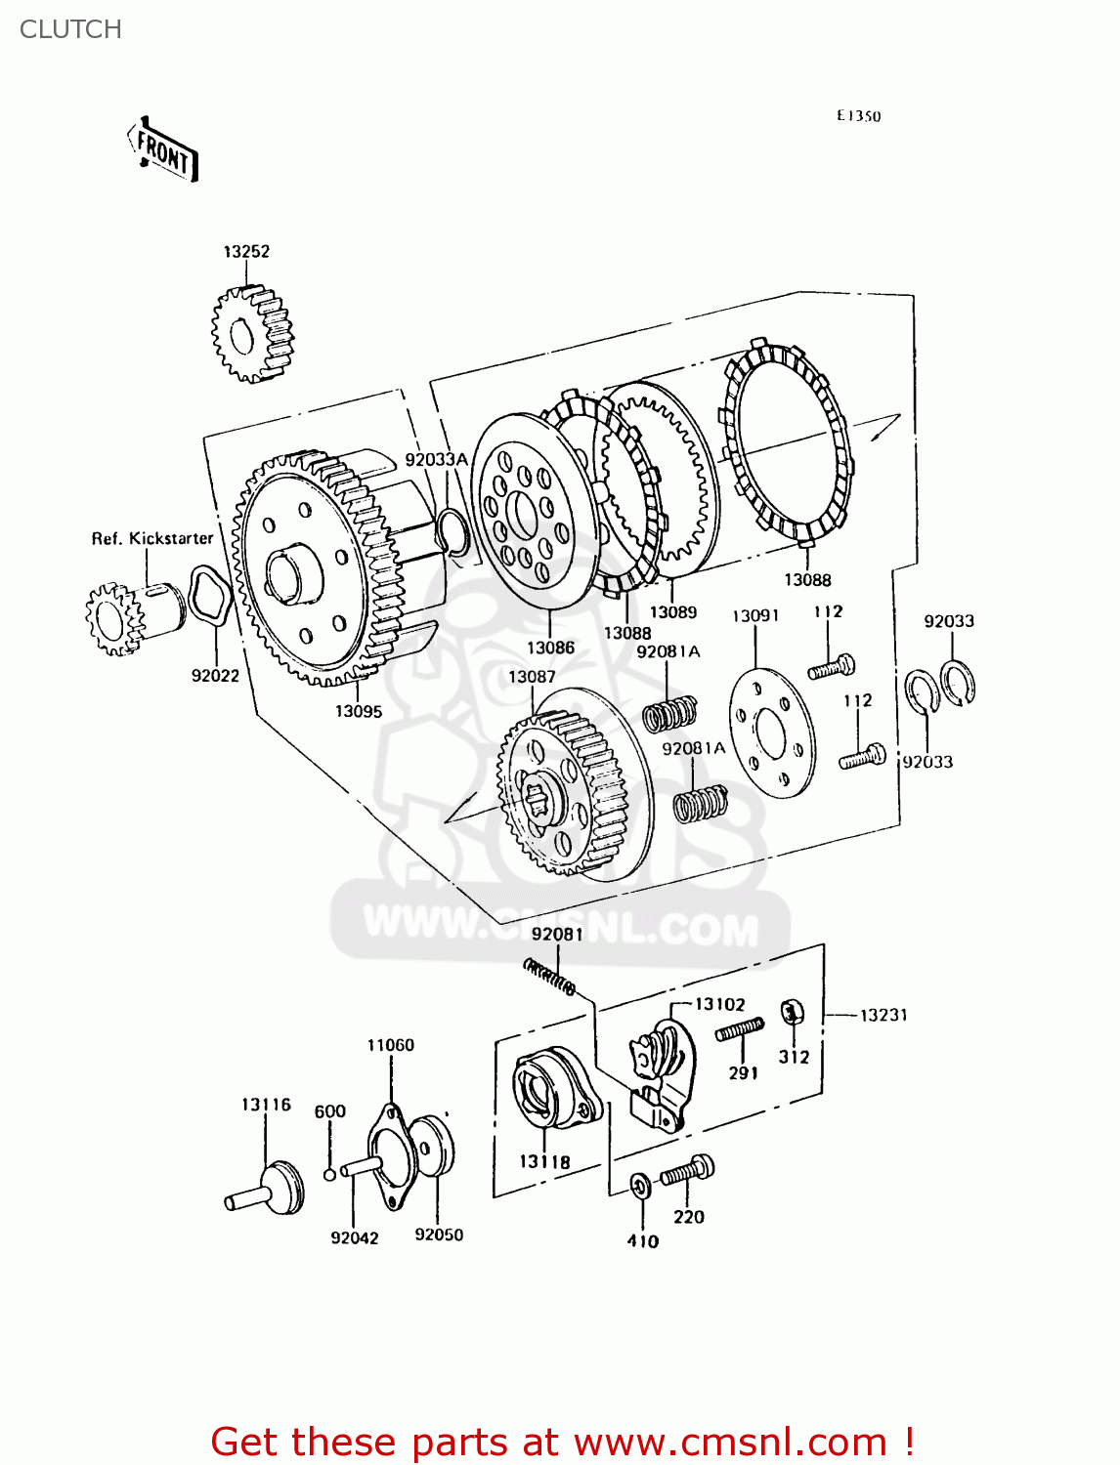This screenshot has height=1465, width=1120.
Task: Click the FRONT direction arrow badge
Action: coord(163,151)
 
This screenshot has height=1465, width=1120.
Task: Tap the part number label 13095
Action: coord(358,711)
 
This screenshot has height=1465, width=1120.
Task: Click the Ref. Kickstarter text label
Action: coord(151,538)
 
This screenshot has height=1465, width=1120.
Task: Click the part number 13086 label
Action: coord(550,648)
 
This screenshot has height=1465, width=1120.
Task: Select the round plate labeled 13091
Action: coord(772,732)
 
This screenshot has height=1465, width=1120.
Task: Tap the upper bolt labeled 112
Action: coord(832,668)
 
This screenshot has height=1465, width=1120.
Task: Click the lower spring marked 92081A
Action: coord(701,803)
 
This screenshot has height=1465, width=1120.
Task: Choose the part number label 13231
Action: coord(883,1015)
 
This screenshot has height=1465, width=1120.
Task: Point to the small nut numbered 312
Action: coord(792,1013)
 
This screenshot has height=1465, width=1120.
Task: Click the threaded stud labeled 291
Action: coord(740,1029)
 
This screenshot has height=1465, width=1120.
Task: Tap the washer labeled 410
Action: coord(641,1187)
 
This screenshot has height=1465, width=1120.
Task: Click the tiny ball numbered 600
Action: coord(330,1173)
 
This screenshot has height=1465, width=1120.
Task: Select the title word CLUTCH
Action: coord(70,29)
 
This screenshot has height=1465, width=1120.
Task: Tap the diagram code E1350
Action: coord(858,116)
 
